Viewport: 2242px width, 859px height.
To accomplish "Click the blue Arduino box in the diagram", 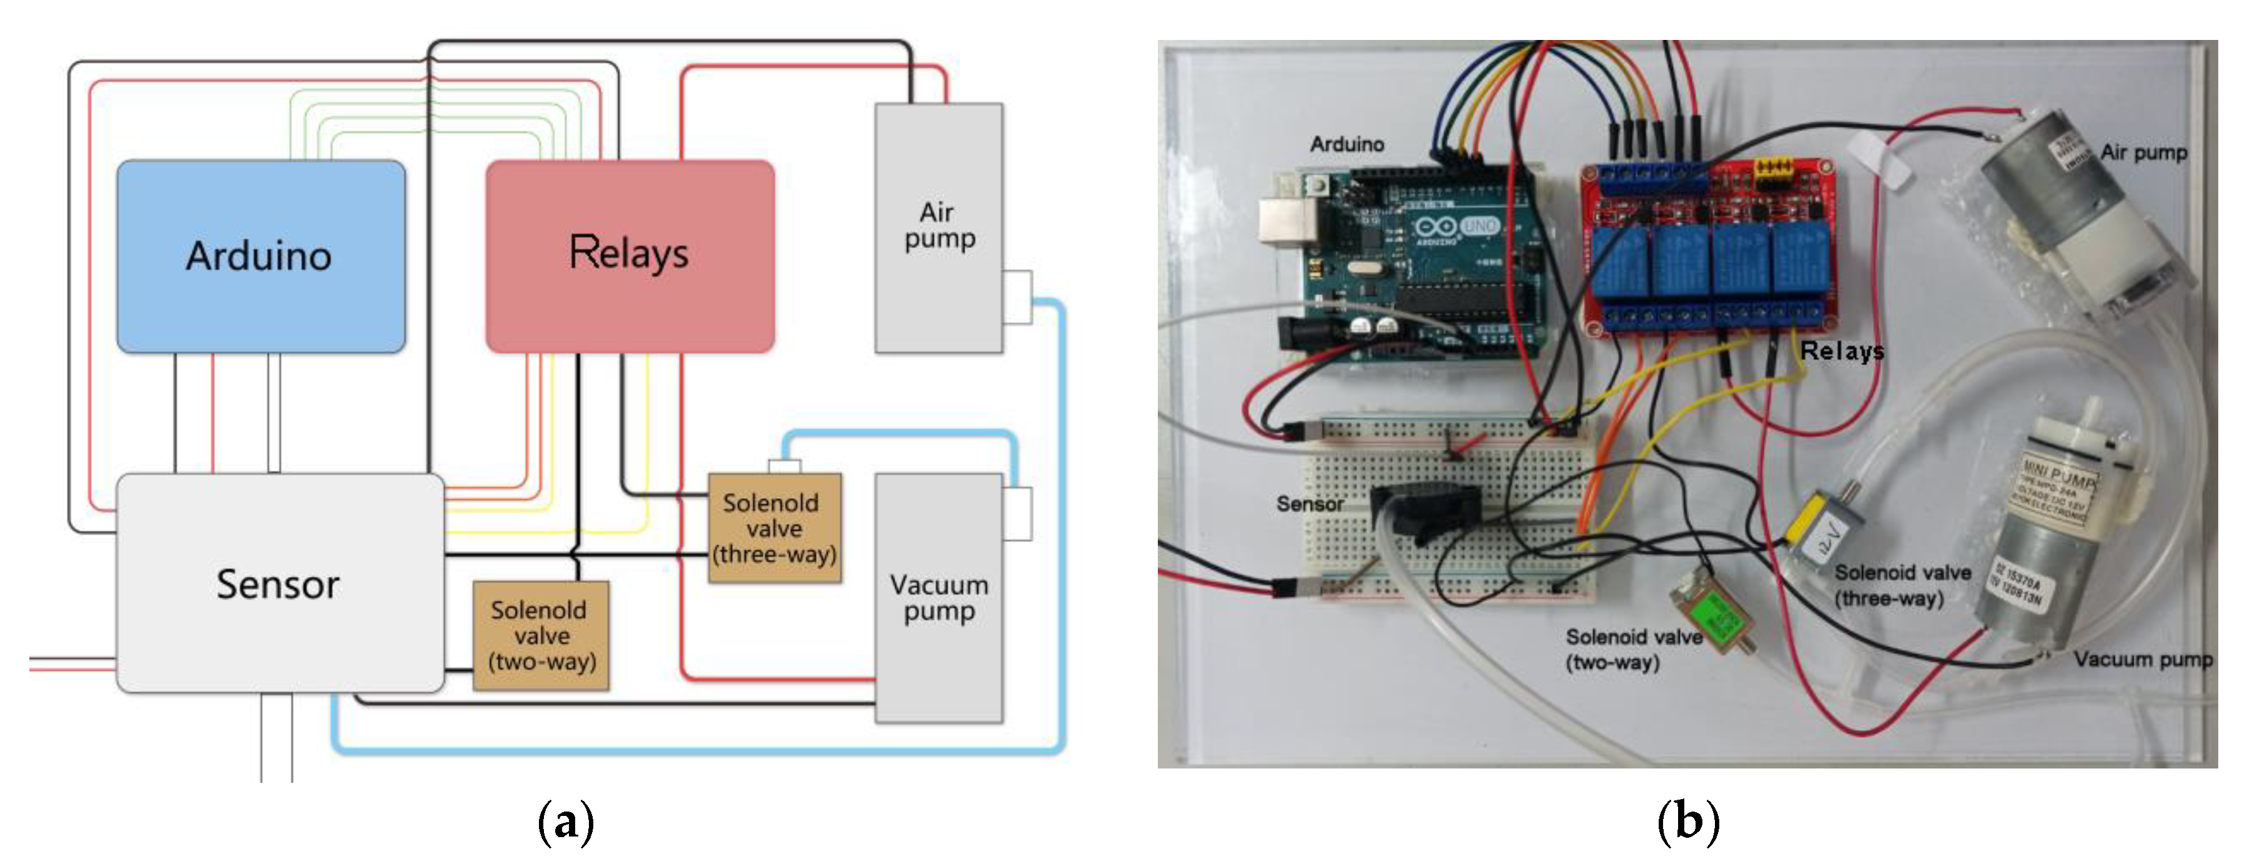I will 260,256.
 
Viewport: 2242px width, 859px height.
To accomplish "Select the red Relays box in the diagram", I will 630,256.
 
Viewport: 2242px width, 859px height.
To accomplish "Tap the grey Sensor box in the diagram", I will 279,583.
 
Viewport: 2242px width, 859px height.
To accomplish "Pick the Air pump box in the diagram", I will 938,227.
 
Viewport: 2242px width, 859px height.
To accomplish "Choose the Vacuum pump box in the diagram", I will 938,598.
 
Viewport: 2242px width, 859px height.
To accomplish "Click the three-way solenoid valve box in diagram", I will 774,528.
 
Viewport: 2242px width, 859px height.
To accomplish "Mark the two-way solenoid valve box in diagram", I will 540,636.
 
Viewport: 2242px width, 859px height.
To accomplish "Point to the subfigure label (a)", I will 566,821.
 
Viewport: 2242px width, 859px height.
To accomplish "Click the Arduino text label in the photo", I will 1346,144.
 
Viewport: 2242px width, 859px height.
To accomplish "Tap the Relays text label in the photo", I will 1841,351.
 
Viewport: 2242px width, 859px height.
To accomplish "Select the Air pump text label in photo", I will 2143,152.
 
